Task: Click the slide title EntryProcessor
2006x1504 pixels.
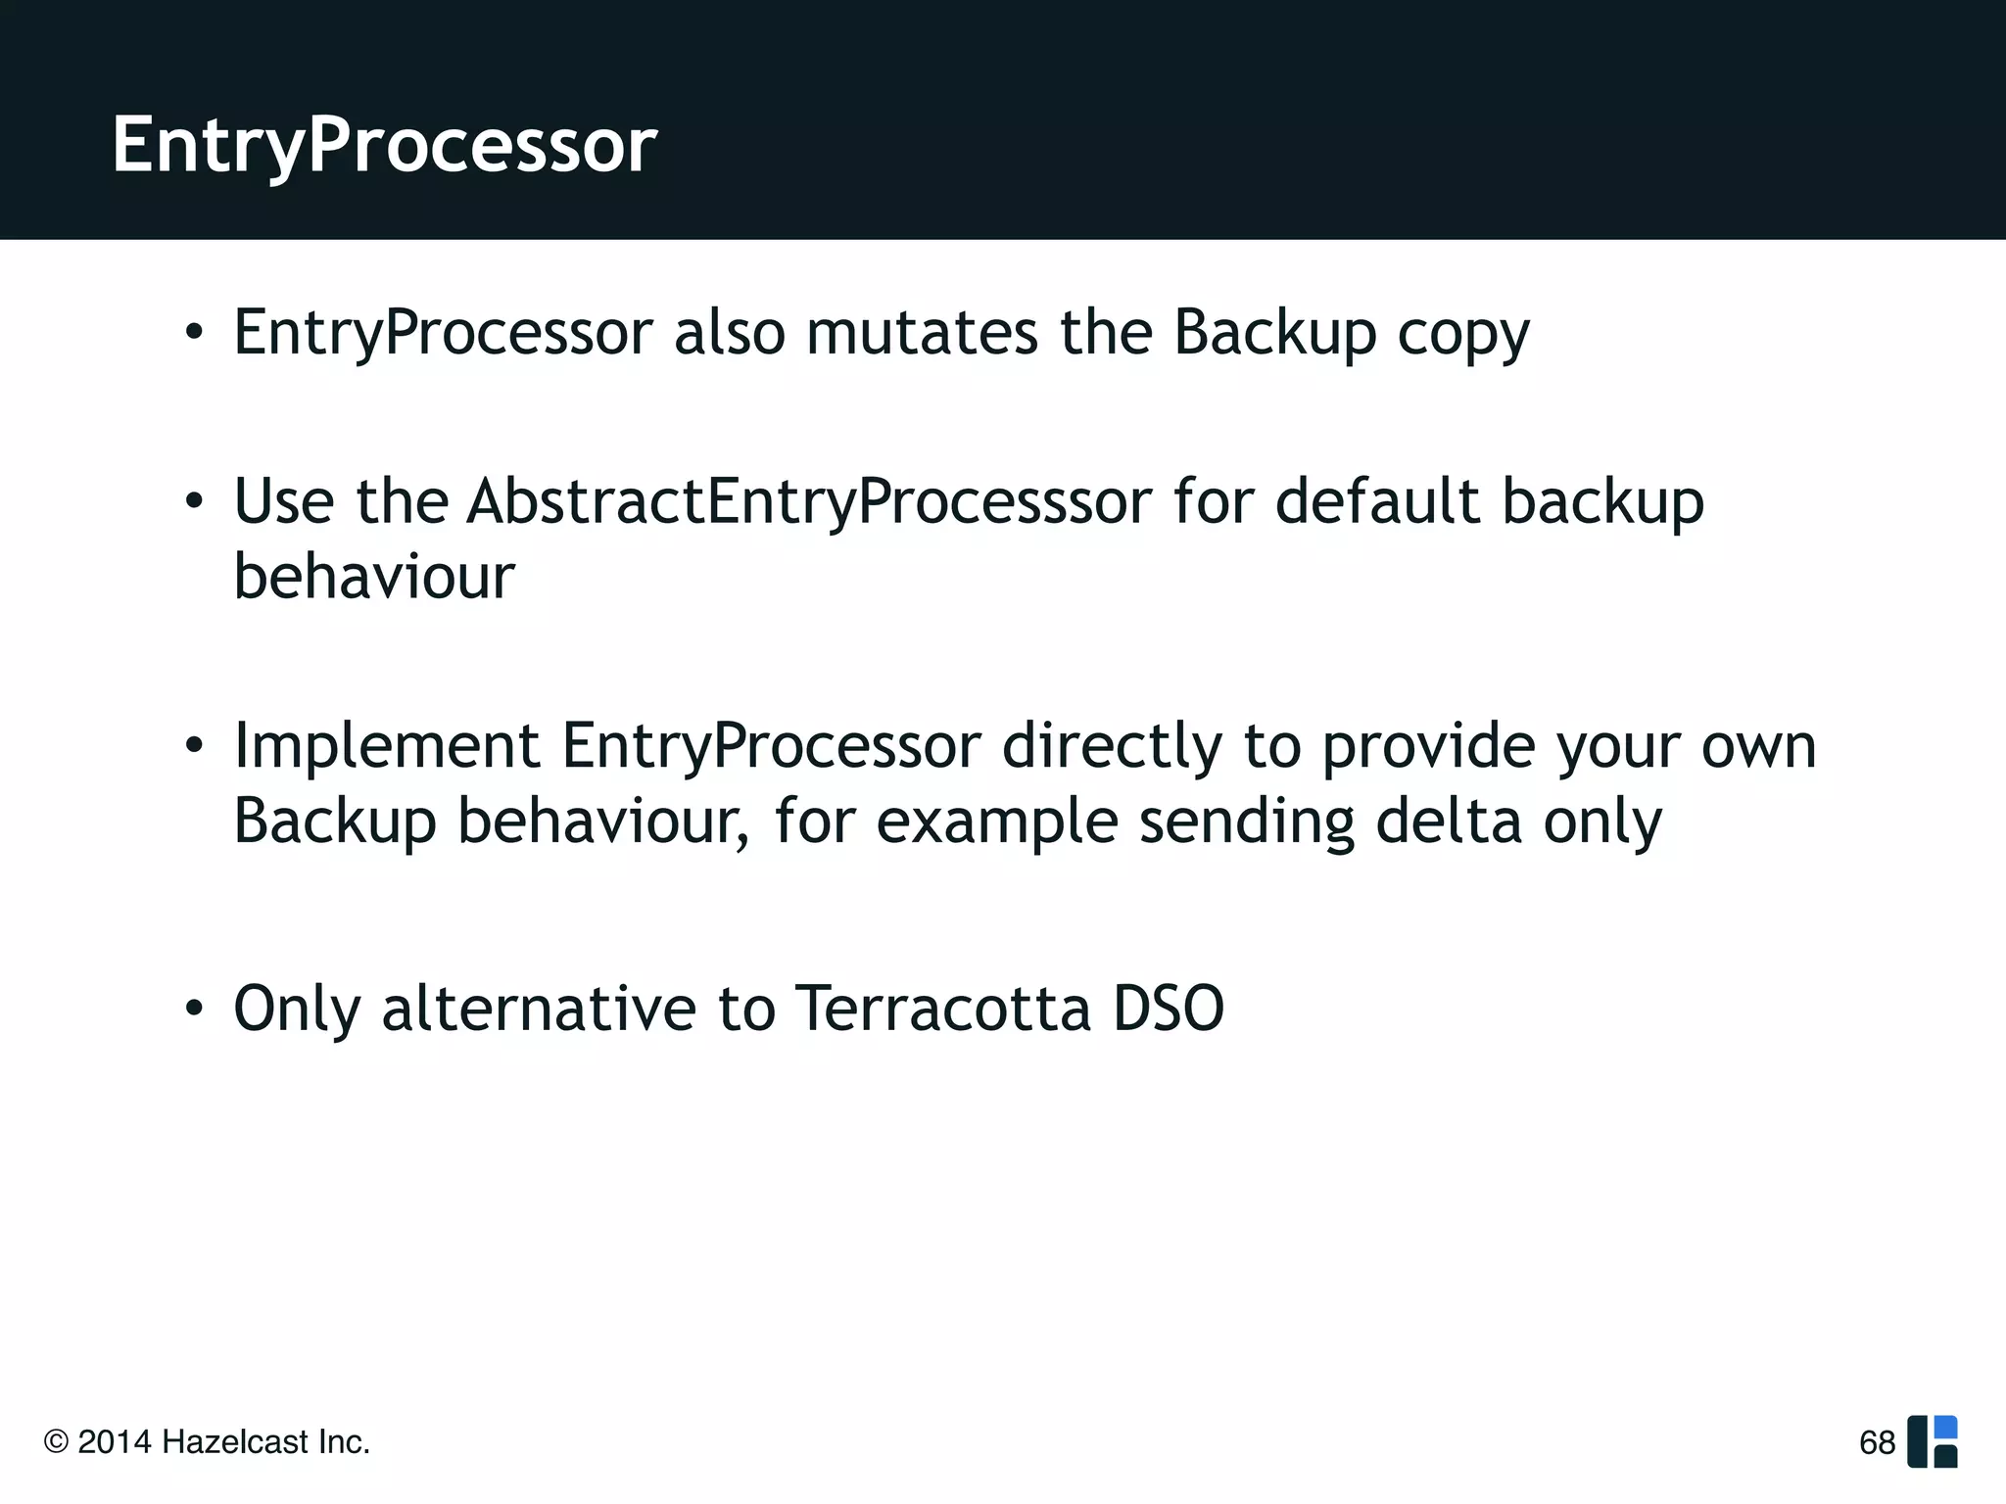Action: pos(384,145)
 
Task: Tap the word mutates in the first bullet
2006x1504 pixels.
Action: pos(922,333)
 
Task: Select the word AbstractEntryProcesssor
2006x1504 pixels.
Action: pos(809,501)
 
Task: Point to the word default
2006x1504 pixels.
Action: pos(1377,501)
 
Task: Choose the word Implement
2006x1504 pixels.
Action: pos(386,746)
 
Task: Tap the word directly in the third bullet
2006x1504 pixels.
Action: pos(1112,746)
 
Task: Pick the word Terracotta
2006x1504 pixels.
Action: pos(942,1009)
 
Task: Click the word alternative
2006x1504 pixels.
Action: pos(539,1009)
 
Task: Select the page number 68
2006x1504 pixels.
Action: pos(1877,1442)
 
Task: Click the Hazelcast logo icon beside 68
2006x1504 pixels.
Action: pos(1933,1442)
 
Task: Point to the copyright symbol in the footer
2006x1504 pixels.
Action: pos(57,1442)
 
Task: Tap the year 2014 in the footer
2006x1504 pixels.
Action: pos(115,1442)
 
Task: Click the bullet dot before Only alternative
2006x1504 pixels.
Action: pos(194,1009)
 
